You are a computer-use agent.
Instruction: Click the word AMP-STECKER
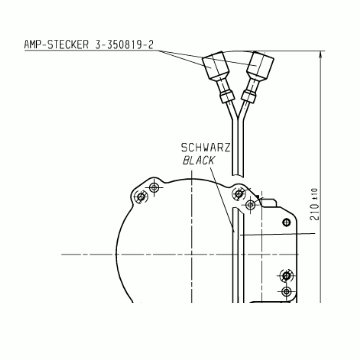(x=56, y=45)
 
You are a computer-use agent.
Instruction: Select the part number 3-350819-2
(x=124, y=45)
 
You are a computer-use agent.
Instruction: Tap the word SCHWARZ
(x=205, y=148)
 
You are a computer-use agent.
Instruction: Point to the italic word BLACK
(x=199, y=161)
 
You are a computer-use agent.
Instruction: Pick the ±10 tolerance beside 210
(x=315, y=194)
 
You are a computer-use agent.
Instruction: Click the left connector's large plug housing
(x=215, y=65)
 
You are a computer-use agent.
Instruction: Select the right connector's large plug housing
(x=260, y=66)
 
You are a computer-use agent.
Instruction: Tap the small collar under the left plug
(x=227, y=97)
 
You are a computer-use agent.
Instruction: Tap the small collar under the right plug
(x=248, y=96)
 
